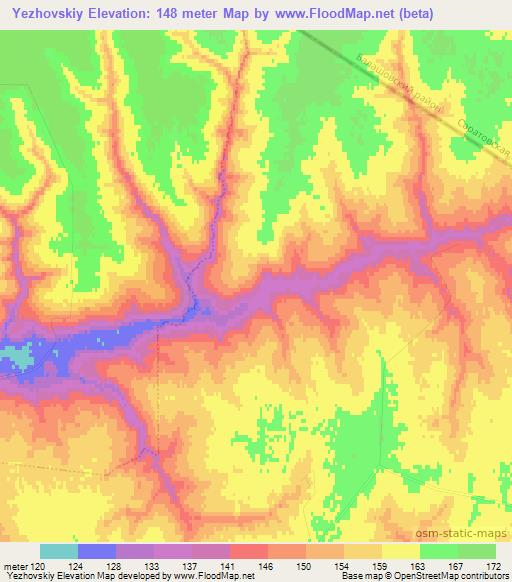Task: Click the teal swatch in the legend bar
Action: tap(59, 551)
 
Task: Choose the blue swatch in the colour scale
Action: tap(97, 551)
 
